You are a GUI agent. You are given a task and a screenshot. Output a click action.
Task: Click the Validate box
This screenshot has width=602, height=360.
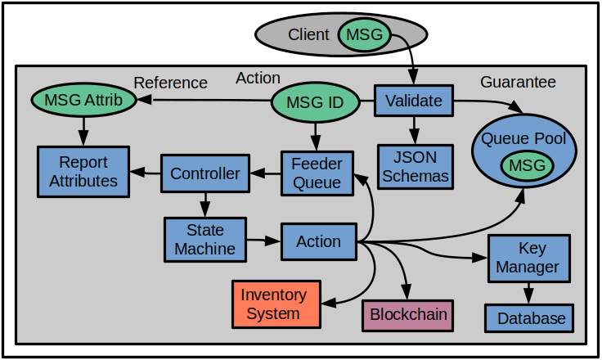pos(414,101)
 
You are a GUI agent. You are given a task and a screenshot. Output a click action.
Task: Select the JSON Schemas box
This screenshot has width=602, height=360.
pos(416,167)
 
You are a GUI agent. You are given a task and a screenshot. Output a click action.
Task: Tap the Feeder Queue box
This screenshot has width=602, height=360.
pos(317,173)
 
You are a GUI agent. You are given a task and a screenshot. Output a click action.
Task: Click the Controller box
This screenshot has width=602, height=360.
pos(205,173)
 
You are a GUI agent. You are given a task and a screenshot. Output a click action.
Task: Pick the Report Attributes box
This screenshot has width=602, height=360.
pos(83,172)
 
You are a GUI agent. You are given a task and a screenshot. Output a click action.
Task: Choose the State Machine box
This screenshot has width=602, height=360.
pos(205,240)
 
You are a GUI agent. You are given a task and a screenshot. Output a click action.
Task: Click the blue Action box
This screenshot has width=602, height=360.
pos(319,241)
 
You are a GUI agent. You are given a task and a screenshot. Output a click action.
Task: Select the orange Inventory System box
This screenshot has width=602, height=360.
pos(276,304)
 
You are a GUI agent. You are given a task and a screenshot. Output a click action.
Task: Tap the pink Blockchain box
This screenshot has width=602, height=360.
pos(407,316)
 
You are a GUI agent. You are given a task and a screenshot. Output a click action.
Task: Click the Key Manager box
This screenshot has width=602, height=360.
pos(529,259)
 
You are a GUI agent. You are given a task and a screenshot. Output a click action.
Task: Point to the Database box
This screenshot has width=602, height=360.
pos(529,318)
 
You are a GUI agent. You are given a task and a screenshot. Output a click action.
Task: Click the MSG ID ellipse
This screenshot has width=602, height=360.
pos(316,102)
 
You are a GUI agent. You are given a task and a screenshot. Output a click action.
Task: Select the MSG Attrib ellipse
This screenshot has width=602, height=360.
pos(83,100)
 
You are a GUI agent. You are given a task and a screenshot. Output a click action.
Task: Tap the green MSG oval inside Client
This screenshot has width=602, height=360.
pos(364,34)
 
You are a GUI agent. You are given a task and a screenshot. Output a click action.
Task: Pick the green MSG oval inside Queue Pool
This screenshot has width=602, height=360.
pos(527,165)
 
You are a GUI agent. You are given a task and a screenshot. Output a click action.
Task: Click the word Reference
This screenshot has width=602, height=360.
pos(170,83)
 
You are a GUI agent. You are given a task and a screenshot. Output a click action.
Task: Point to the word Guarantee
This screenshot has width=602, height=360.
pos(518,82)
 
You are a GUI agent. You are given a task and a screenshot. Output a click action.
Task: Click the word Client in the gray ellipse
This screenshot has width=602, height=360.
pos(308,34)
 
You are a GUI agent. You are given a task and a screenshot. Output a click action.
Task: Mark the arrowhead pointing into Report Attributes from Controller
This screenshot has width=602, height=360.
pos(138,173)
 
